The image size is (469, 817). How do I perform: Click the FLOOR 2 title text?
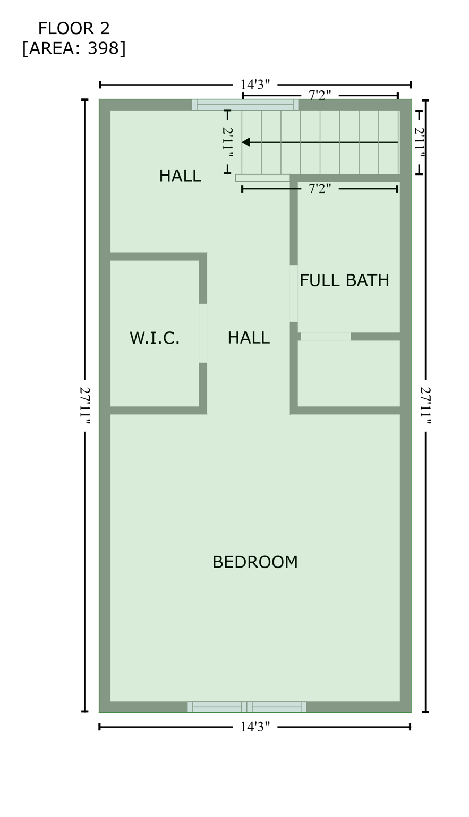click(x=74, y=28)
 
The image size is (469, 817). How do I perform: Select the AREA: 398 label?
click(x=74, y=48)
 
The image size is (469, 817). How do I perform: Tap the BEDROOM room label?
click(x=255, y=562)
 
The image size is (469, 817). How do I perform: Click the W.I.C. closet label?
click(x=155, y=338)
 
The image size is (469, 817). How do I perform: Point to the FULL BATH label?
click(x=344, y=280)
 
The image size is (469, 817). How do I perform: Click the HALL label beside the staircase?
click(x=180, y=176)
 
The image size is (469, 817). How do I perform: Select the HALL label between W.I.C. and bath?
click(x=249, y=338)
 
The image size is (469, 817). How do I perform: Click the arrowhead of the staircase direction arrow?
click(x=245, y=142)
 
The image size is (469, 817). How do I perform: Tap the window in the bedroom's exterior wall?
click(x=246, y=707)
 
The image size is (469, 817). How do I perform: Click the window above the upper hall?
click(x=245, y=105)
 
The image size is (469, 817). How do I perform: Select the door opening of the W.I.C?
click(x=203, y=333)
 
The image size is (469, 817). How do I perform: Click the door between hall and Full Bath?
click(x=294, y=294)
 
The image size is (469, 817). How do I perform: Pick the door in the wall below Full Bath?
click(x=326, y=337)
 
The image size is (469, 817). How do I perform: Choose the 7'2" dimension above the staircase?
click(x=320, y=96)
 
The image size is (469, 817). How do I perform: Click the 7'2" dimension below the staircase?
click(x=320, y=189)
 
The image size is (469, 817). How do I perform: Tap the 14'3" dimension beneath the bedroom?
click(x=255, y=727)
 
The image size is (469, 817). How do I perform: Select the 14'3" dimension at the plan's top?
click(x=255, y=85)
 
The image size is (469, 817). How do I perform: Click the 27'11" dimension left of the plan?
click(x=85, y=405)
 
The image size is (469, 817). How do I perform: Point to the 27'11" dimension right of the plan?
click(x=425, y=405)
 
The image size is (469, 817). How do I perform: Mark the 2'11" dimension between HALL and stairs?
click(x=227, y=142)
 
